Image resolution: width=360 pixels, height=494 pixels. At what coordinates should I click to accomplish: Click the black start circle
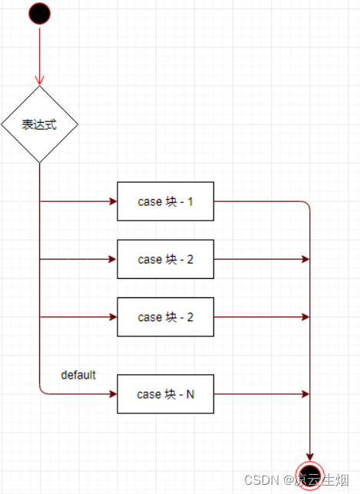pos(40,14)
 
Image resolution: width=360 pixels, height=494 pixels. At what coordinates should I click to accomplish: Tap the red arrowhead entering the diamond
pos(40,81)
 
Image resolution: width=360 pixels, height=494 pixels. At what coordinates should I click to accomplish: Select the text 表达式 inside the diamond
pos(39,124)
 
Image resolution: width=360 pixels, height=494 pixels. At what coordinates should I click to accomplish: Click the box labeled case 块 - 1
pos(166,201)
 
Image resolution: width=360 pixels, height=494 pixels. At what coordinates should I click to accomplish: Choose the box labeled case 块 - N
pos(166,394)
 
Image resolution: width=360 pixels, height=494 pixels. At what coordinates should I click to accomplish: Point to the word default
pos(78,375)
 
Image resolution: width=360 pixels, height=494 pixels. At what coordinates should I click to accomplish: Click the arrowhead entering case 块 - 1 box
pos(113,201)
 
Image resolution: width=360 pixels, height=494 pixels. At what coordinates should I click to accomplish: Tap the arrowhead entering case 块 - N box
pos(113,394)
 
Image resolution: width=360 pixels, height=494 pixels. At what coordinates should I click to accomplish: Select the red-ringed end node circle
pos(310,476)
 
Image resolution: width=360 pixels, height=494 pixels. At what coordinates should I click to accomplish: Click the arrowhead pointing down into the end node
pos(310,457)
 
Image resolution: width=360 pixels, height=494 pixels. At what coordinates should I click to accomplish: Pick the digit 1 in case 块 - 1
pos(190,201)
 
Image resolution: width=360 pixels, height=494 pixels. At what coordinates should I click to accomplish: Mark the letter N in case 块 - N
pos(190,394)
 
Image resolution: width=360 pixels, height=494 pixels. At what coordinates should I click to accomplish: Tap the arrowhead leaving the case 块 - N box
pos(306,394)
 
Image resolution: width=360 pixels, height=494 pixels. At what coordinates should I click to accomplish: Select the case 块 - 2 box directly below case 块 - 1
pos(166,259)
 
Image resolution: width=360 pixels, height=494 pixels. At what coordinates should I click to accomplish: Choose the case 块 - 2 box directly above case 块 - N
pos(166,317)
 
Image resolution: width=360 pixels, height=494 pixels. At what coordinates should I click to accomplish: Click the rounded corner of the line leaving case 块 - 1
pos(307,204)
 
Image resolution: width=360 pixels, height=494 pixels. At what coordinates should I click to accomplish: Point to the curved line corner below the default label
pos(42,391)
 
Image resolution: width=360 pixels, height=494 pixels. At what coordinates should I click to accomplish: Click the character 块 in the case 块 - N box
pos(170,394)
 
